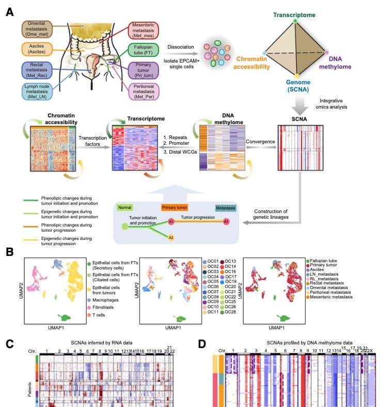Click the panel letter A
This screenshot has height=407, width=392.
tap(9, 11)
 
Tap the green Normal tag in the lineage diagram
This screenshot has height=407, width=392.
tap(126, 207)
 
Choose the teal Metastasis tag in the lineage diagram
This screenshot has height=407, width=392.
tap(225, 207)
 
